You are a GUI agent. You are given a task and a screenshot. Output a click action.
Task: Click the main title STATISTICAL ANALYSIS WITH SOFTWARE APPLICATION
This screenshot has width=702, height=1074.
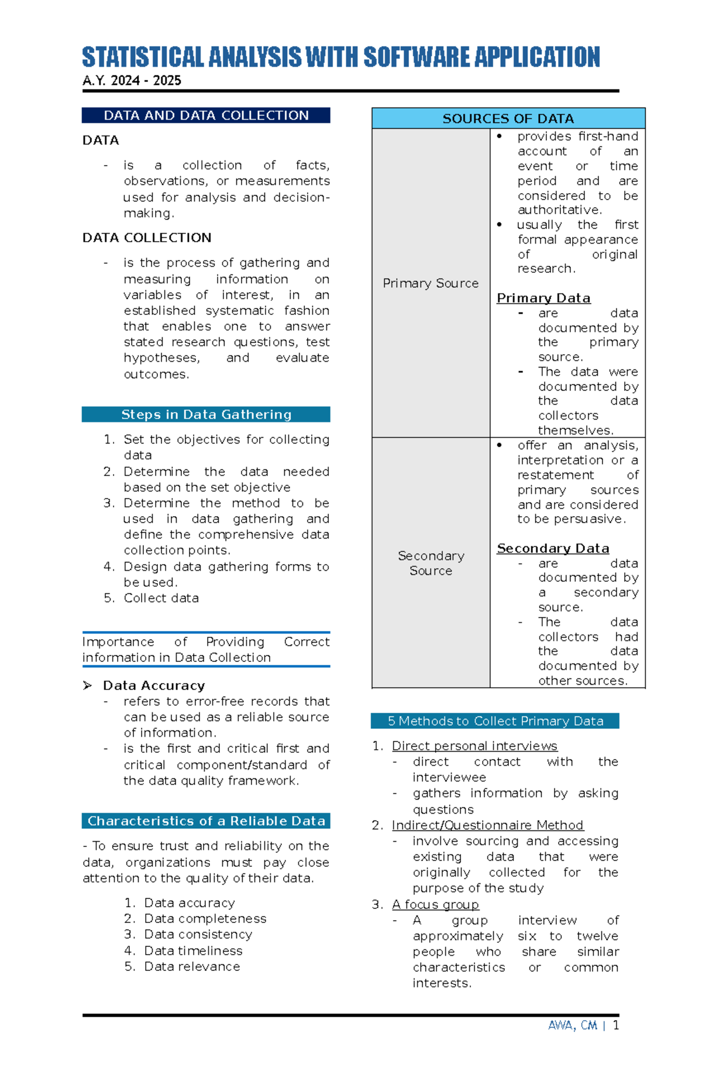[340, 57]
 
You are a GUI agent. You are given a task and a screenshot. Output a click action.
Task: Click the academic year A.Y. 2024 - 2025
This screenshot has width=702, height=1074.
[132, 81]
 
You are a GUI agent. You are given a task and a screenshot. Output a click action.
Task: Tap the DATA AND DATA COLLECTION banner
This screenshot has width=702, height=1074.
[206, 115]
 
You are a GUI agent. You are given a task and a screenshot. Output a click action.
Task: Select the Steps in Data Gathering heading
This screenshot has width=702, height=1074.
[206, 414]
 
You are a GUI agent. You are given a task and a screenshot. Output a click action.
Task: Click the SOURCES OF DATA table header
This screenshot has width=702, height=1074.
[508, 118]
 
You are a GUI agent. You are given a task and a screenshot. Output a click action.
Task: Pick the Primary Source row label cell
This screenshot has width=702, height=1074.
[431, 283]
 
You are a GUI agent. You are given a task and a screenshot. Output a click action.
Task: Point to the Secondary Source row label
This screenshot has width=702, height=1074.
[431, 563]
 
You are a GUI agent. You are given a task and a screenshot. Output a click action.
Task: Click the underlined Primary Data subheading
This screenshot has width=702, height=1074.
[543, 298]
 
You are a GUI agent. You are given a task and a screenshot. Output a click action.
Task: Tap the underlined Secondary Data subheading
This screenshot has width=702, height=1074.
[552, 548]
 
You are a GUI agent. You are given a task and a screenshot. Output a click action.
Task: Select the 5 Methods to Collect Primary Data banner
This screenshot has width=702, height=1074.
[495, 721]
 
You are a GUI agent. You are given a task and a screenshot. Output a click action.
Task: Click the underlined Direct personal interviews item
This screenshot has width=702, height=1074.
[474, 746]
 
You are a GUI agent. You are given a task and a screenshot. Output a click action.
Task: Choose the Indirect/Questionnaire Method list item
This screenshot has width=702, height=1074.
[487, 825]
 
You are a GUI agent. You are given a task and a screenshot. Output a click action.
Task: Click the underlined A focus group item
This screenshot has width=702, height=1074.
[435, 905]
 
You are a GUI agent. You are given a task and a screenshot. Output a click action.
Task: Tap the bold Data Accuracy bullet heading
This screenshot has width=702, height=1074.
[154, 685]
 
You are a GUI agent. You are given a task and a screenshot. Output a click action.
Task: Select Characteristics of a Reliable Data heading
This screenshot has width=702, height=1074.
[206, 821]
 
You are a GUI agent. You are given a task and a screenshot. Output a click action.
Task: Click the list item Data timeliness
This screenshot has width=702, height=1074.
[193, 951]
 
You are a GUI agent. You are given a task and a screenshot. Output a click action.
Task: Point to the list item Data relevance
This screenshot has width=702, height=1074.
[192, 967]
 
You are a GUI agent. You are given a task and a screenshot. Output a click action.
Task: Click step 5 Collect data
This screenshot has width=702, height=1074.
[161, 598]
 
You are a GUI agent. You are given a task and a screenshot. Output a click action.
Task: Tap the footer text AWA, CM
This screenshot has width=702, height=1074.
[572, 1025]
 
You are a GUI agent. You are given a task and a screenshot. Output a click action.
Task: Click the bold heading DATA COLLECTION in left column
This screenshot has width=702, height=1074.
[147, 238]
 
